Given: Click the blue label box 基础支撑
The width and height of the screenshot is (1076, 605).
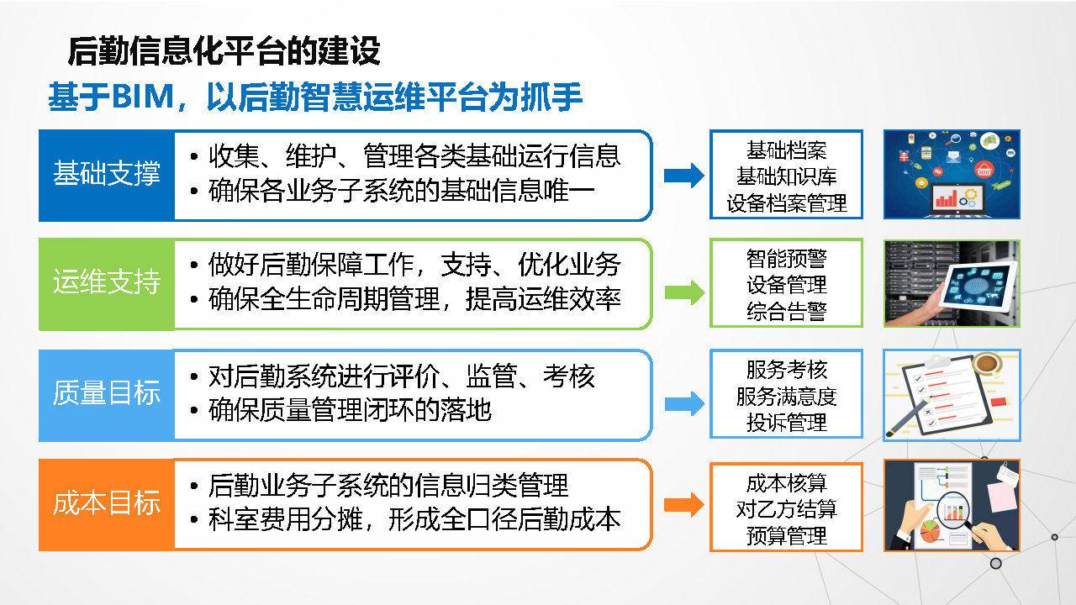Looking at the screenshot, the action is click(x=107, y=176).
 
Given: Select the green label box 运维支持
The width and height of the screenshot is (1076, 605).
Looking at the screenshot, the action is click(x=107, y=284).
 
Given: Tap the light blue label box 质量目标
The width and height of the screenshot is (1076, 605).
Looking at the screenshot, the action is click(x=107, y=395).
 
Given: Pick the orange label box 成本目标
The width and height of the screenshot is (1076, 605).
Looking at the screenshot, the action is click(x=107, y=504).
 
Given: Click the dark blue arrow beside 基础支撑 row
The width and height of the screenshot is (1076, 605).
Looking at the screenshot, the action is click(x=684, y=176).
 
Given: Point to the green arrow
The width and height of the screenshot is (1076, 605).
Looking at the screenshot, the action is click(x=684, y=292).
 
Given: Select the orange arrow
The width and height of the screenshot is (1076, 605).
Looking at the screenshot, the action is click(x=684, y=505).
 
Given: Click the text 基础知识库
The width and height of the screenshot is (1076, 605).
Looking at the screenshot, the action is click(x=786, y=176).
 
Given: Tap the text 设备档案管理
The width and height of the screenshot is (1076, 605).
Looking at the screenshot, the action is click(x=786, y=203).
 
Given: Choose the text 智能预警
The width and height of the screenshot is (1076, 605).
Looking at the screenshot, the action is click(x=786, y=259).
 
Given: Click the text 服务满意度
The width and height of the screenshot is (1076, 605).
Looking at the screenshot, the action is click(x=786, y=396).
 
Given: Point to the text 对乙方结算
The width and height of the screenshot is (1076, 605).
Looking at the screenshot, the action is click(x=786, y=509).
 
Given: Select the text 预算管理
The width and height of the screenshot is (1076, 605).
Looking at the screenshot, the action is click(x=786, y=535).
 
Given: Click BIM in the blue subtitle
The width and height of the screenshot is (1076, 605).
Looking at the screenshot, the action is click(x=143, y=97).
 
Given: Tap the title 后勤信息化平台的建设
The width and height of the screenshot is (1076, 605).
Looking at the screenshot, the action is click(x=224, y=51).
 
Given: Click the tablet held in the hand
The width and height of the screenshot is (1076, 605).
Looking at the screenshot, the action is click(x=978, y=287).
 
